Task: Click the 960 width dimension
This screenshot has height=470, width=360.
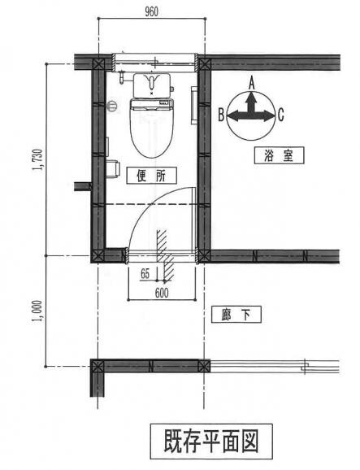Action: click(x=151, y=11)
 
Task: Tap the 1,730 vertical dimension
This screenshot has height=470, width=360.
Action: click(x=38, y=159)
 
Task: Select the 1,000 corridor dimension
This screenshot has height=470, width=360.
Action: click(x=38, y=311)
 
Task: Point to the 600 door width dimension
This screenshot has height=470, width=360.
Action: click(x=162, y=293)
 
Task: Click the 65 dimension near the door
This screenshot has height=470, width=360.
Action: click(x=145, y=274)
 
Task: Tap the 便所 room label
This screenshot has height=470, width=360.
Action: click(x=151, y=176)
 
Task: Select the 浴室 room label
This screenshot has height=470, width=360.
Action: click(x=279, y=155)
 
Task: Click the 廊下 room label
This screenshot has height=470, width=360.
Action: click(x=236, y=314)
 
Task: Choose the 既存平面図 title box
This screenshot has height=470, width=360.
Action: click(x=211, y=442)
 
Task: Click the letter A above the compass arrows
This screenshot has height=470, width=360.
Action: click(x=252, y=83)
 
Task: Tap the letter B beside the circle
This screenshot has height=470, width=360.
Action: click(x=221, y=115)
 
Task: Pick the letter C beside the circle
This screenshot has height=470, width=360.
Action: click(x=280, y=115)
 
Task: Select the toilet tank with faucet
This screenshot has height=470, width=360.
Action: click(x=152, y=85)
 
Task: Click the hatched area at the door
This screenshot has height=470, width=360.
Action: click(x=165, y=255)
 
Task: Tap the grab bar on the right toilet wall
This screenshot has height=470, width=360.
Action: click(x=193, y=105)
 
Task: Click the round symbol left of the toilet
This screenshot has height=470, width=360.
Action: click(x=112, y=106)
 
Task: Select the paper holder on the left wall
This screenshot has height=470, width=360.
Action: click(x=113, y=169)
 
